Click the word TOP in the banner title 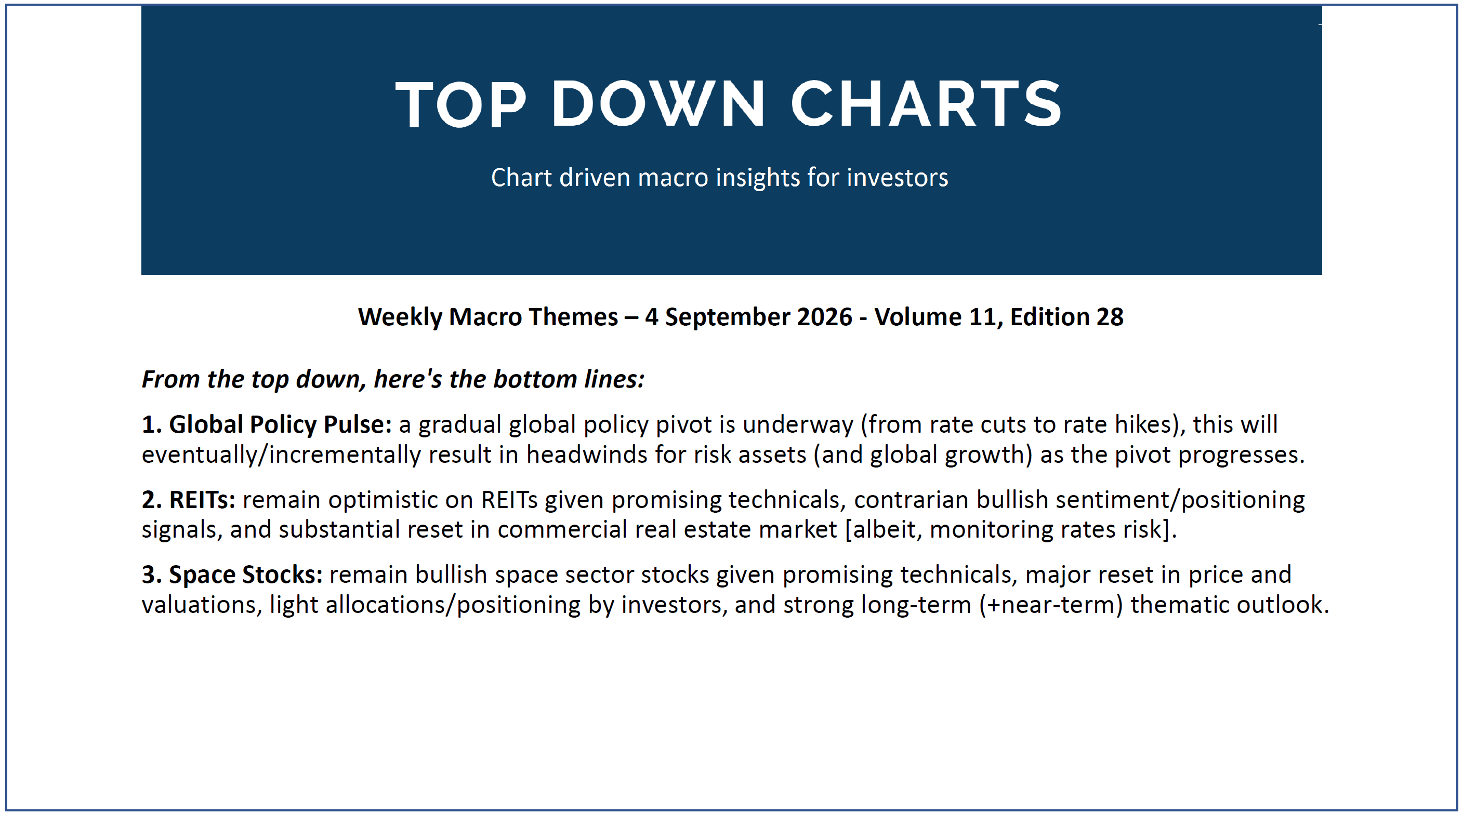tap(460, 103)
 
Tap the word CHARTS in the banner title tap(926, 103)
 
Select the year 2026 tap(825, 317)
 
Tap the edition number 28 tap(1110, 317)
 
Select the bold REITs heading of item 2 tap(202, 500)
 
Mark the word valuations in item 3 tap(202, 605)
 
